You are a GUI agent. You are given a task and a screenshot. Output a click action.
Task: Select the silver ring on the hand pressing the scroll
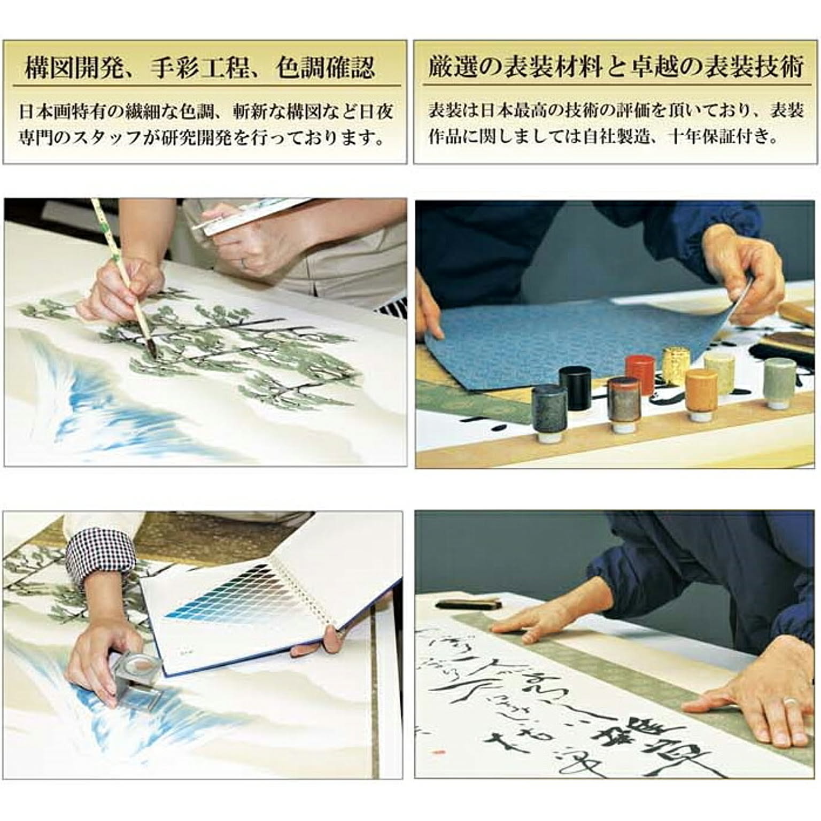[x=788, y=701]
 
